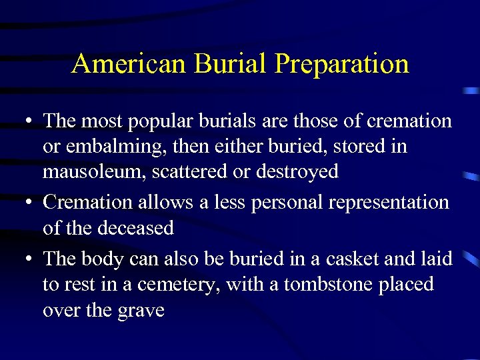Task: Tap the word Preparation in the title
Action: click(x=341, y=64)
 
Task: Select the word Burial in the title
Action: click(x=229, y=64)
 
